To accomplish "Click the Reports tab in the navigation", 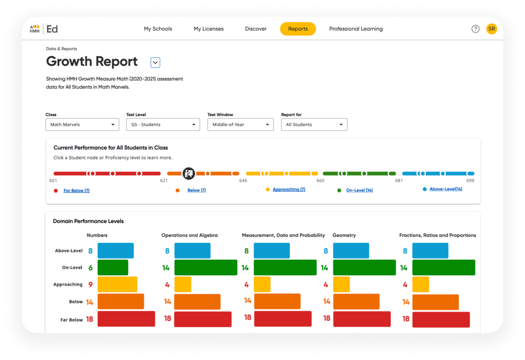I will coord(297,29).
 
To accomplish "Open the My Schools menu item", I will coord(158,29).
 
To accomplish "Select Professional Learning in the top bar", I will coord(356,29).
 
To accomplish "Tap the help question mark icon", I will coord(475,29).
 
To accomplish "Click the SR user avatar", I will coord(491,29).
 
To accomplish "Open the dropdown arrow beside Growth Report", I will coord(155,63).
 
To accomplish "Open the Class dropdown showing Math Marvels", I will coord(82,125).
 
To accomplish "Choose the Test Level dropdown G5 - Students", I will coord(163,125).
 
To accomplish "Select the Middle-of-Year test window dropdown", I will coord(240,125).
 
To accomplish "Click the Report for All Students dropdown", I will coord(314,125).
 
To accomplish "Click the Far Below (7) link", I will coord(76,190).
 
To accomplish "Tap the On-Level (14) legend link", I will coord(359,190).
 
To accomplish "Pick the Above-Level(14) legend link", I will coord(446,189).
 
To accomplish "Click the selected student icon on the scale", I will coord(189,173).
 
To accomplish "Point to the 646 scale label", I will coord(243,181).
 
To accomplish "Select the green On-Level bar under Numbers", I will coord(113,267).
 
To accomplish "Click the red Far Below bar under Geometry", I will coord(362,319).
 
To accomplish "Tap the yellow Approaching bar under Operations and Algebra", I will coord(183,284).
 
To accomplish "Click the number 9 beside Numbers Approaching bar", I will coord(90,284).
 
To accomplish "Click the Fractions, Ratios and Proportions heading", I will coord(437,235).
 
